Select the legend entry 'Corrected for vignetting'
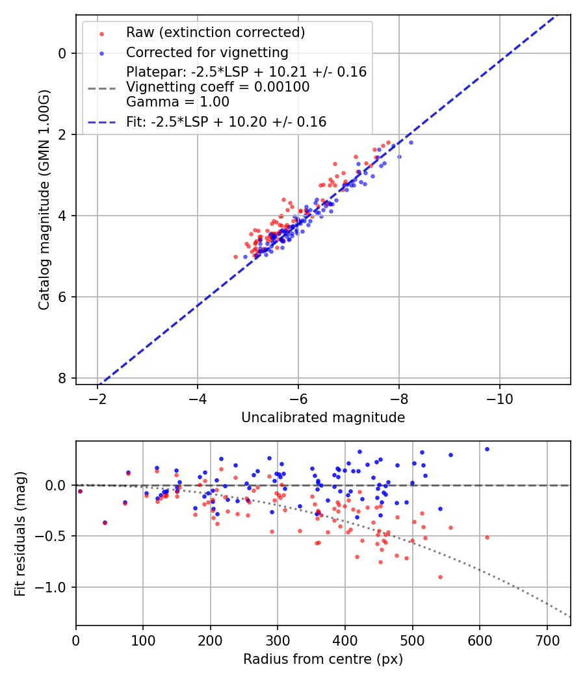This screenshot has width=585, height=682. (207, 52)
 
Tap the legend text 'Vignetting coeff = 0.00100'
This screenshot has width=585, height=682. (218, 87)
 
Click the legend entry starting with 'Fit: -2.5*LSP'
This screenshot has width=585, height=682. (226, 121)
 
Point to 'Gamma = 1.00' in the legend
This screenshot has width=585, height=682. (177, 102)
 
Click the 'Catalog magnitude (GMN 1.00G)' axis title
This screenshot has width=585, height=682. (44, 199)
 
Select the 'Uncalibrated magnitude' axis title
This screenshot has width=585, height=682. (323, 418)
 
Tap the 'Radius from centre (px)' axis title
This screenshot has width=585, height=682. (323, 659)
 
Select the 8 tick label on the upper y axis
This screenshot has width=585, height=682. (62, 378)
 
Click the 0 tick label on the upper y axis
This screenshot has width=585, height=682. (62, 53)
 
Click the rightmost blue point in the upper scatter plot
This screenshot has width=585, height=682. (411, 142)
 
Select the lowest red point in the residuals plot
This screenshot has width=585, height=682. (440, 577)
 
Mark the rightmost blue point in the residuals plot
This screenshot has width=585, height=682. (487, 449)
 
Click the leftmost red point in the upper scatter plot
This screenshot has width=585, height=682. (236, 257)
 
